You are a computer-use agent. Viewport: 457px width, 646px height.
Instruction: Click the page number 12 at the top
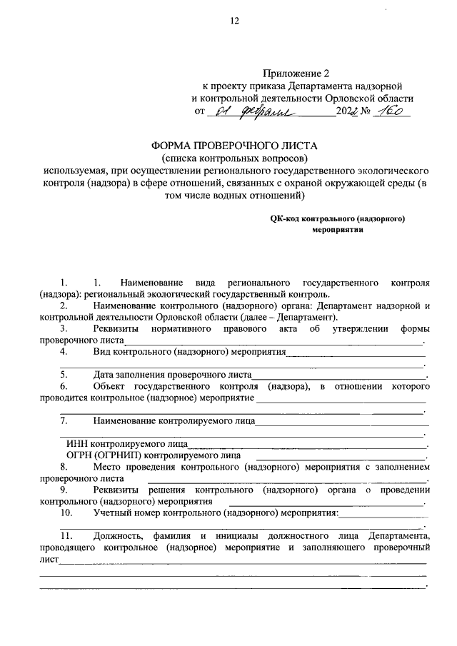click(x=234, y=21)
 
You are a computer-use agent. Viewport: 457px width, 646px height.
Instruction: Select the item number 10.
click(x=66, y=513)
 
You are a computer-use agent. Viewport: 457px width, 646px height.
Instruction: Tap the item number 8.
click(x=64, y=466)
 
